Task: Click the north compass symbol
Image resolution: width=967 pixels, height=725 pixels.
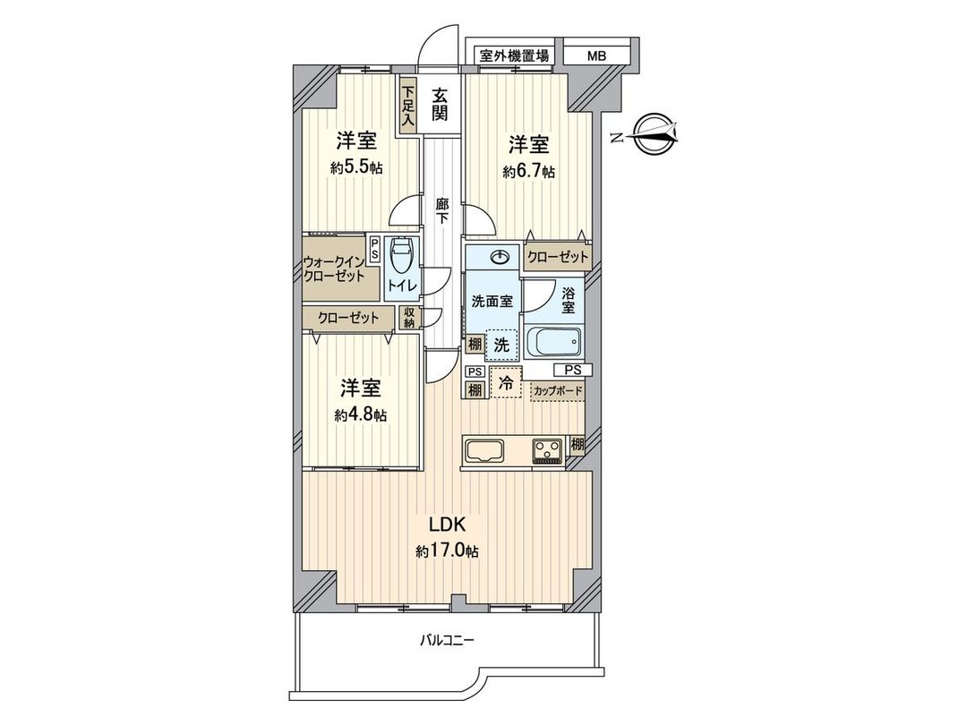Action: (x=657, y=134)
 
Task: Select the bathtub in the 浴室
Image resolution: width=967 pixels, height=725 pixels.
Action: (x=554, y=343)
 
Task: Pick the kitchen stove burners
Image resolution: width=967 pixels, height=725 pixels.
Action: (x=546, y=450)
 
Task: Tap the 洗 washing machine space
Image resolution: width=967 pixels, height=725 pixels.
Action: (x=501, y=343)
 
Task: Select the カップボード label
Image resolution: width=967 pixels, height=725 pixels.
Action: (x=557, y=391)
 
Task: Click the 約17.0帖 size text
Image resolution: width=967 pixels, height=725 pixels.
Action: (x=447, y=551)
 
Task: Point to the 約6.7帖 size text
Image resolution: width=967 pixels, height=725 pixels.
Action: (x=528, y=172)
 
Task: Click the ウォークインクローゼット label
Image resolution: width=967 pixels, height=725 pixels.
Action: (x=333, y=269)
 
